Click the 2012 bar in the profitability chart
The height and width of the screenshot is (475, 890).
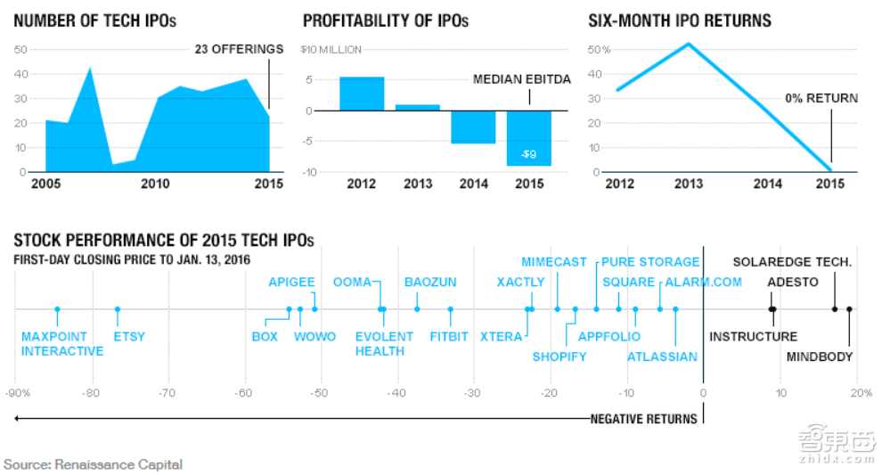coord(362,94)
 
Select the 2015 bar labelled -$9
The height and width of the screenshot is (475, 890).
coord(529,138)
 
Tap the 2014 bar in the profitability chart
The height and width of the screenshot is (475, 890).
coord(473,127)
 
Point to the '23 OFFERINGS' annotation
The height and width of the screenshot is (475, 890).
coord(239,50)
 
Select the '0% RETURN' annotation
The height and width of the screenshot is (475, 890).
coord(821,98)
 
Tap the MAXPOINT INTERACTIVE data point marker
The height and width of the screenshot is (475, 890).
coord(57,309)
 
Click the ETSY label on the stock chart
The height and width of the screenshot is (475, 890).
coord(129,337)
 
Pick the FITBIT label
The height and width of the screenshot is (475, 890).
coord(450,337)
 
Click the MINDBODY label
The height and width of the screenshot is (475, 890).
coord(820,357)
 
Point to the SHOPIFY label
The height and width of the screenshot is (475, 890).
coord(559,357)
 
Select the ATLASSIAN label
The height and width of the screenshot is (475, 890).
coord(662,357)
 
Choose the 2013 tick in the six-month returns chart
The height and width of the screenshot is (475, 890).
coord(688,184)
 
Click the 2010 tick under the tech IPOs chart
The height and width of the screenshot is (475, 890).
coord(155,184)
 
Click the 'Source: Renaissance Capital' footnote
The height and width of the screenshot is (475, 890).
coord(93,464)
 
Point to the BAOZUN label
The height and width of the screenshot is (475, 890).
coord(430,283)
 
